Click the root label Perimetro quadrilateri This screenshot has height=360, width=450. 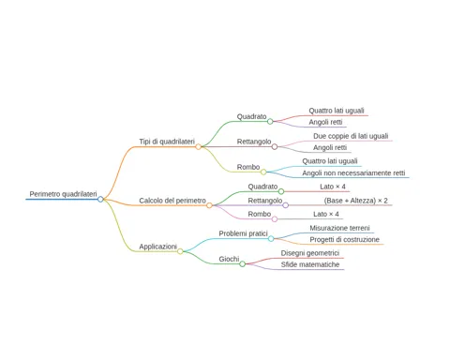(x=63, y=194)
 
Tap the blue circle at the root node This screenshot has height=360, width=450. (x=100, y=199)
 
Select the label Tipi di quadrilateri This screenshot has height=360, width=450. (x=167, y=142)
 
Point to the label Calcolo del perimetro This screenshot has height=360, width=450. (x=172, y=201)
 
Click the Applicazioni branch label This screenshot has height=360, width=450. (x=158, y=247)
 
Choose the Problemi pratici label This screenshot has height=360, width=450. (x=243, y=233)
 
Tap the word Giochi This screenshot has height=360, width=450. (x=229, y=259)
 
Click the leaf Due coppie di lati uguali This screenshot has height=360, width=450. (x=351, y=136)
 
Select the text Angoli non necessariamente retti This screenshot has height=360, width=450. (x=353, y=172)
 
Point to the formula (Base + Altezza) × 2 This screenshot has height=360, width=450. (x=356, y=201)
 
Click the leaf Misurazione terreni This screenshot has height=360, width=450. (x=339, y=228)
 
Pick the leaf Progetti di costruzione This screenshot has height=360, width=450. (x=345, y=240)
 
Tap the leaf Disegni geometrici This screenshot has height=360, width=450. (x=310, y=253)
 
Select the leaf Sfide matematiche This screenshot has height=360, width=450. (x=310, y=264)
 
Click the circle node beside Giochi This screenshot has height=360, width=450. (x=243, y=264)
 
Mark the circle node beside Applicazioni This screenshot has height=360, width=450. (x=180, y=251)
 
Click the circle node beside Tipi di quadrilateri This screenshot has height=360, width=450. (x=198, y=146)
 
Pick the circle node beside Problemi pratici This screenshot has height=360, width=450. (x=271, y=239)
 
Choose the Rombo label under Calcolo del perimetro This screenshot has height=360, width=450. (x=260, y=214)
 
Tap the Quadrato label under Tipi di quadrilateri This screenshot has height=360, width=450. (x=251, y=116)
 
